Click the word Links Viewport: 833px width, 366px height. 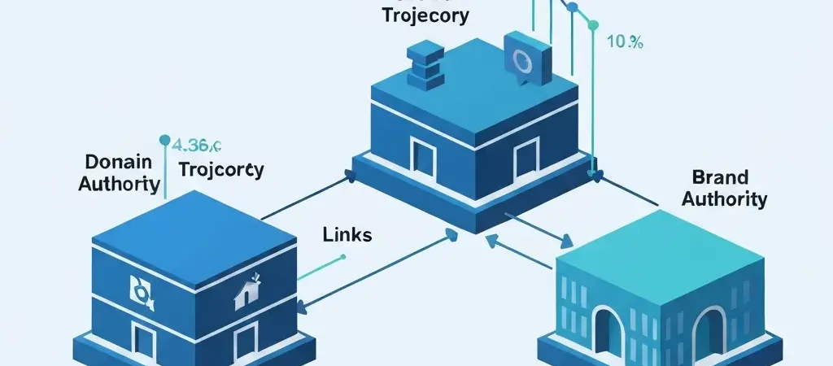pyautogui.click(x=347, y=235)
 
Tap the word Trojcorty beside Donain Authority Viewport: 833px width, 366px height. pyautogui.click(x=220, y=170)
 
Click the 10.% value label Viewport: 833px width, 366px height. pyautogui.click(x=625, y=43)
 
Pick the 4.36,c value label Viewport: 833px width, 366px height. pyautogui.click(x=198, y=147)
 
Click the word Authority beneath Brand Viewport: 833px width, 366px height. pyautogui.click(x=723, y=198)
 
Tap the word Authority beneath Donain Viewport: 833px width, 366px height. pyautogui.click(x=119, y=183)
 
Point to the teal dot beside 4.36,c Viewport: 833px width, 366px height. pyautogui.click(x=165, y=139)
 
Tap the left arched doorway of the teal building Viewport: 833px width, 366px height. pyautogui.click(x=608, y=333)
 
